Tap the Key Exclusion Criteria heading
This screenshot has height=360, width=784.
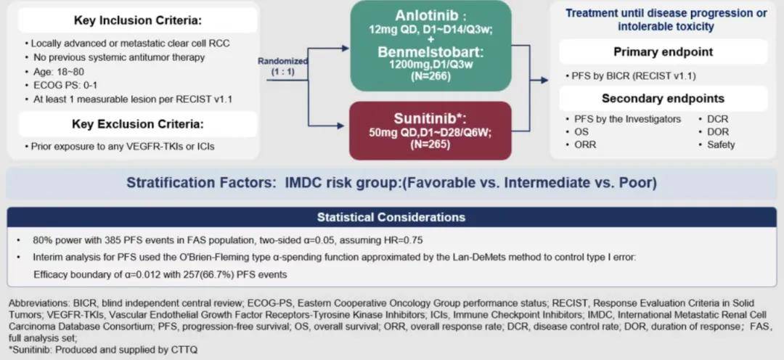click(x=137, y=124)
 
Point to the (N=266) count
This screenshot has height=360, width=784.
click(x=430, y=76)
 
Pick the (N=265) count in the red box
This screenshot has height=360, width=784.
click(x=430, y=144)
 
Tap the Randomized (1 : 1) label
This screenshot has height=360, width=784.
click(x=283, y=66)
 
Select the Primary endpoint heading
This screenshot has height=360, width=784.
click(x=663, y=52)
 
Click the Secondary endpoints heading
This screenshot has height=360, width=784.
click(x=663, y=99)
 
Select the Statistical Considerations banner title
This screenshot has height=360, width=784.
click(x=391, y=217)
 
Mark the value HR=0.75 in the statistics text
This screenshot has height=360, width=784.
click(x=401, y=240)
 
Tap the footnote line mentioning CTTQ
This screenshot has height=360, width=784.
click(x=104, y=350)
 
